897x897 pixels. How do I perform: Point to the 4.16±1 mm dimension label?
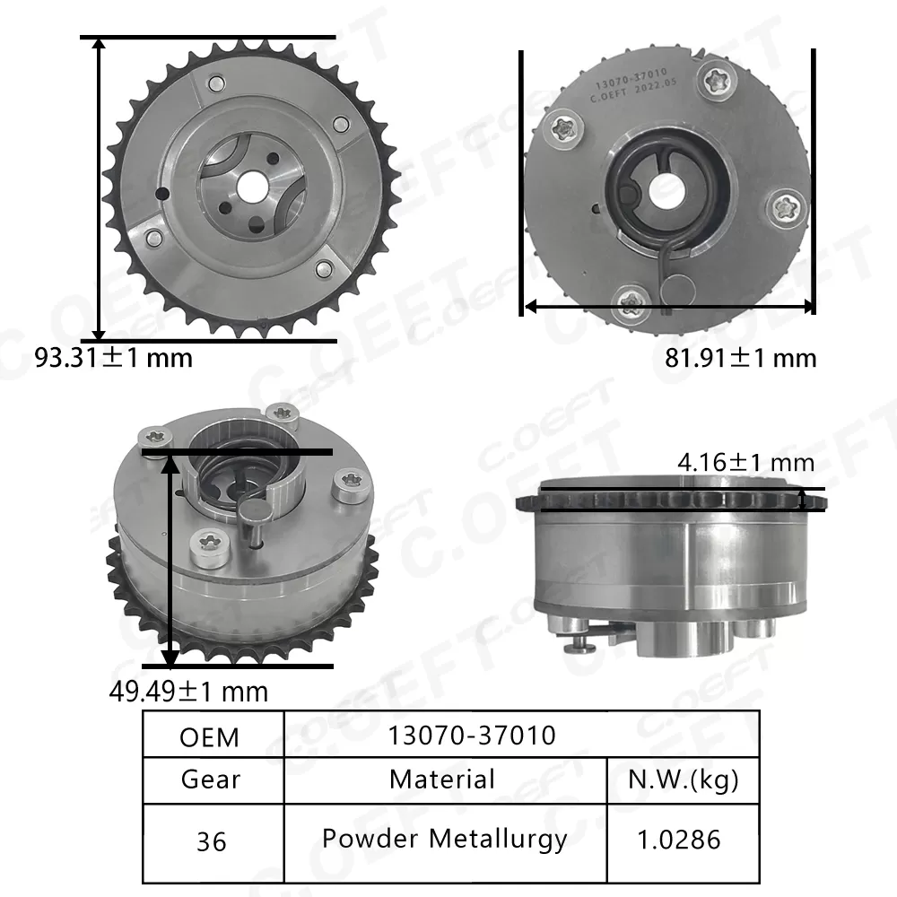[x=745, y=463]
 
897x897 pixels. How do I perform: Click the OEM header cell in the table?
[x=213, y=736]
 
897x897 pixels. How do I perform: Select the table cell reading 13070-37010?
[x=472, y=736]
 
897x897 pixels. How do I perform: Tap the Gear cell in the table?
[x=213, y=779]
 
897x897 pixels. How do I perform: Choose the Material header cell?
[x=441, y=779]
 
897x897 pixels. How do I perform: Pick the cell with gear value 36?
[x=213, y=841]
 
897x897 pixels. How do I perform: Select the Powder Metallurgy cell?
[x=445, y=840]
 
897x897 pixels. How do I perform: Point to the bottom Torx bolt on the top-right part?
[x=635, y=300]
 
